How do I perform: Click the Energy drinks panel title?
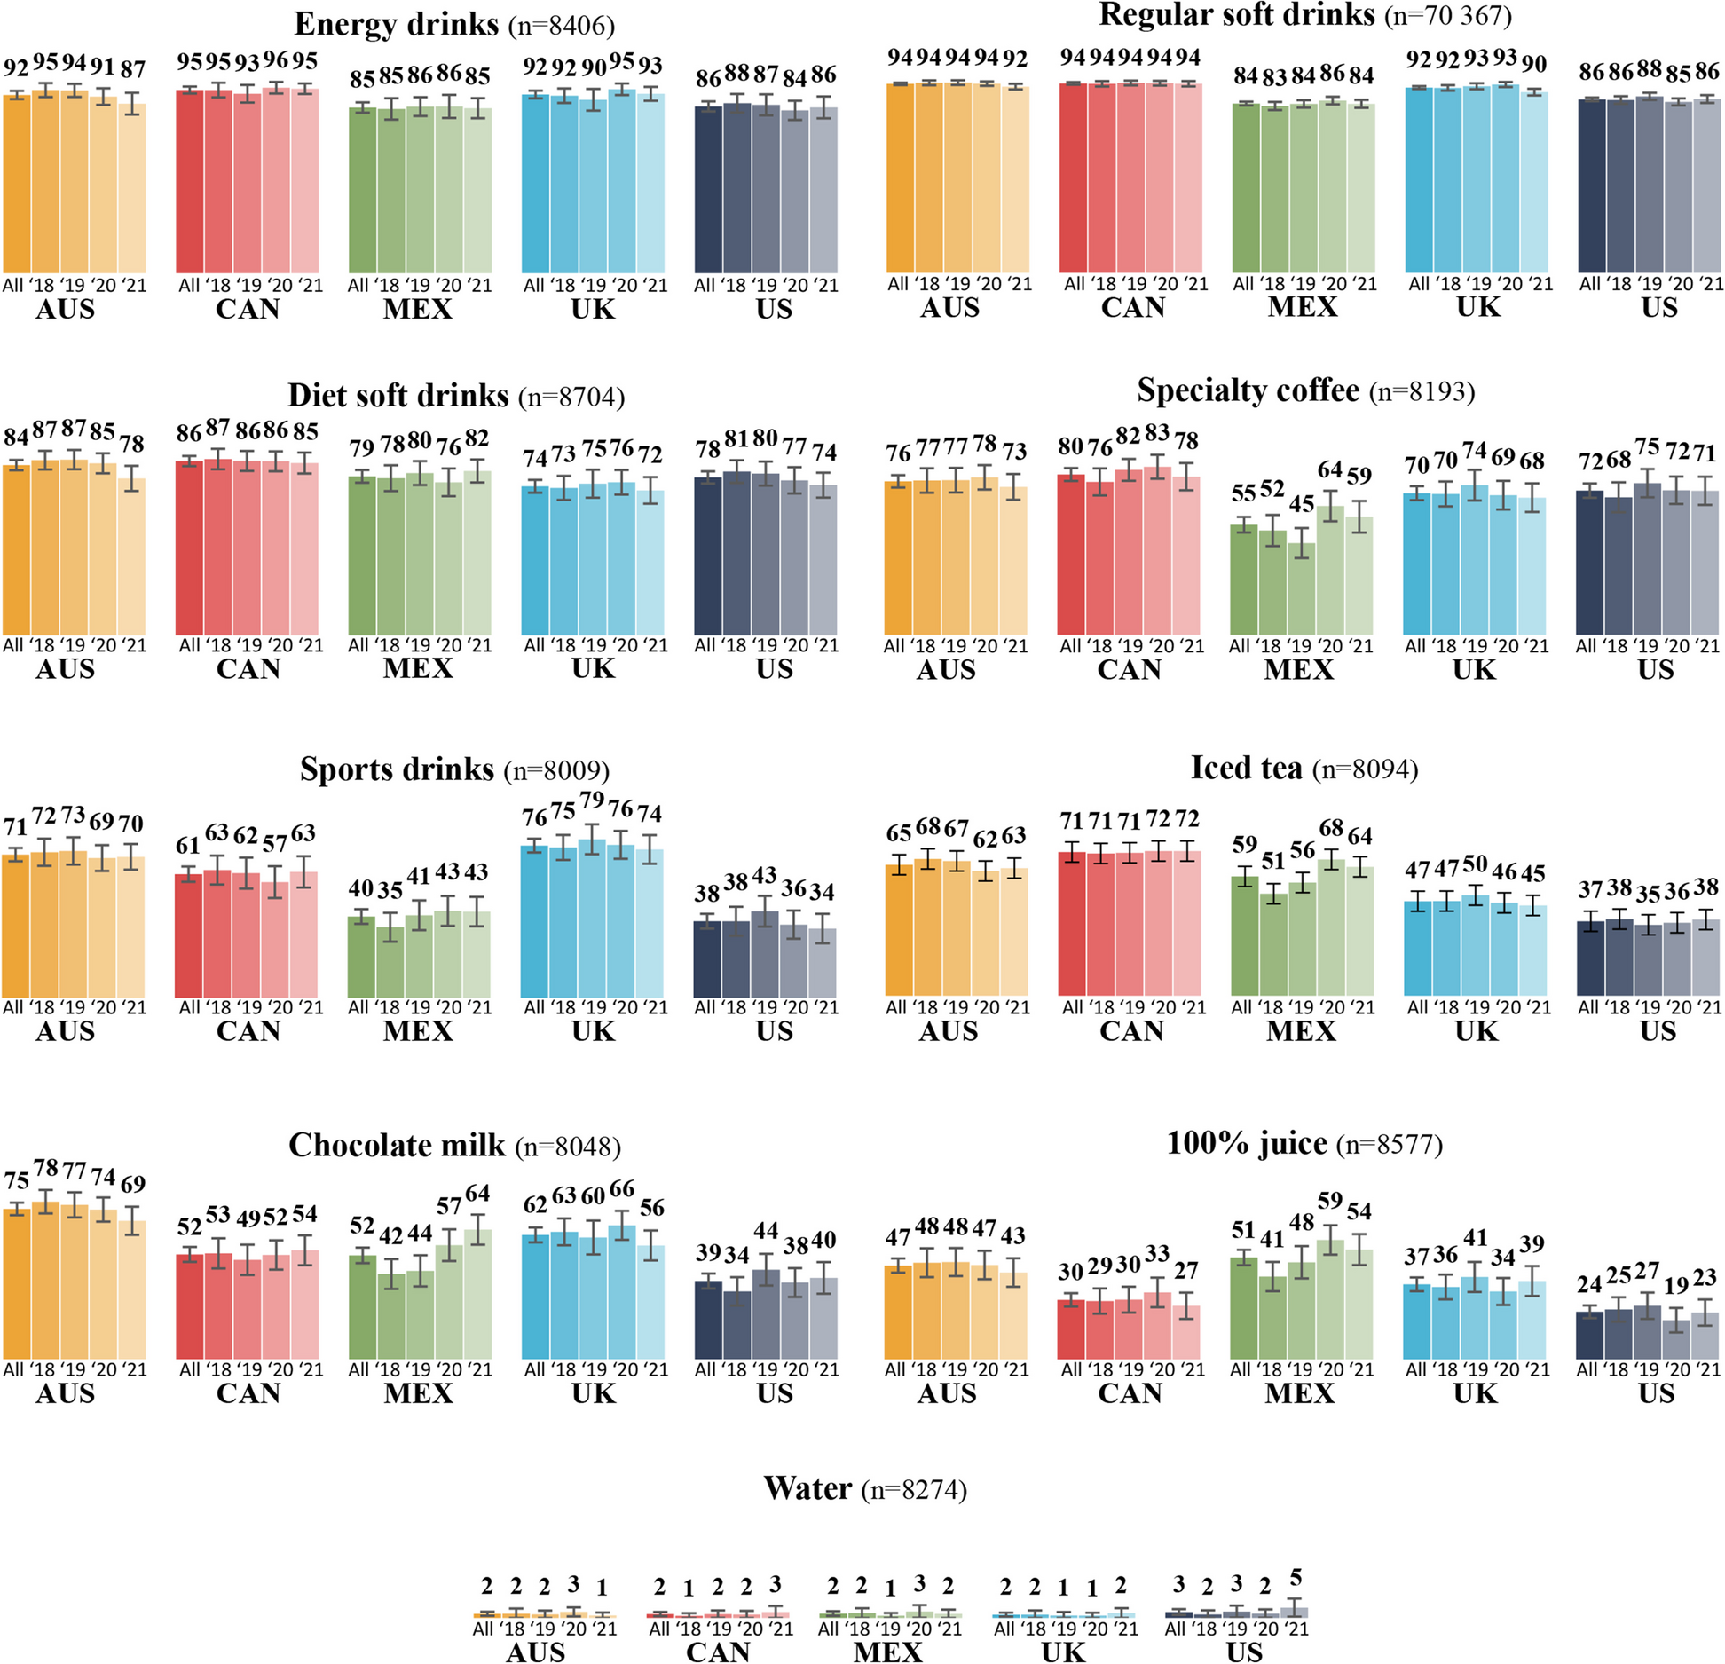[396, 24]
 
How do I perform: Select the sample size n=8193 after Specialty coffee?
[1422, 391]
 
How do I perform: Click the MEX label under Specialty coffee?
[1298, 669]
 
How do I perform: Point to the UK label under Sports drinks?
[593, 1031]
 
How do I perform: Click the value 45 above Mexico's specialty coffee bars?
[1302, 504]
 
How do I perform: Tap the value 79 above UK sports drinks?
[592, 800]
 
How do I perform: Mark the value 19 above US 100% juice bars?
[1676, 1286]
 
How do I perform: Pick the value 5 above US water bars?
[1296, 1578]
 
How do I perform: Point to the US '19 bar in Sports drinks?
[765, 953]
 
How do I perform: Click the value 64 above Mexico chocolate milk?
[477, 1194]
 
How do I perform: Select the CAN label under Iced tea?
[1131, 1031]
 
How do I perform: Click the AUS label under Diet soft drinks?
[66, 669]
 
